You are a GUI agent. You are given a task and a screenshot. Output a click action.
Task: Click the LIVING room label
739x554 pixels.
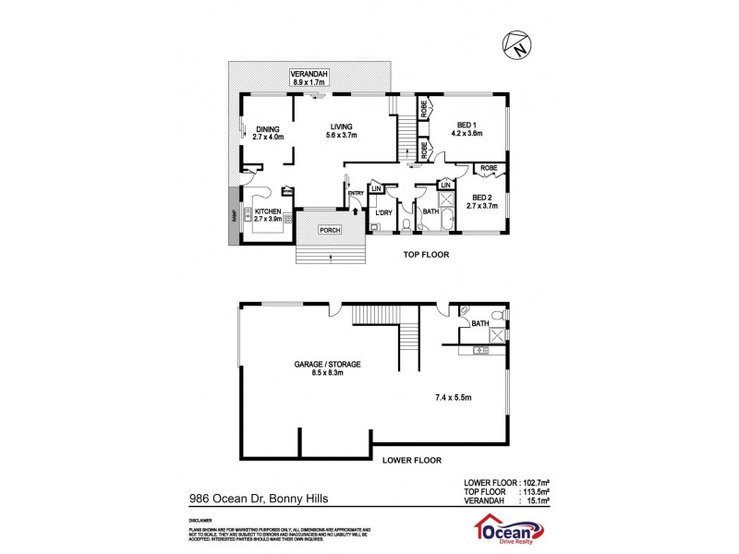click(342, 130)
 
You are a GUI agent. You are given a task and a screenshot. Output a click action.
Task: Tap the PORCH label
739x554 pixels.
click(329, 230)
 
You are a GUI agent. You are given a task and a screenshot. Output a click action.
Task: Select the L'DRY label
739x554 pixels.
click(385, 213)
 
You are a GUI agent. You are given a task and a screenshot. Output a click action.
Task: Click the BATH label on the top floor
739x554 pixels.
click(430, 213)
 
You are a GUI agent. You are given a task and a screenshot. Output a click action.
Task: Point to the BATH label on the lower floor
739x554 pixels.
click(479, 323)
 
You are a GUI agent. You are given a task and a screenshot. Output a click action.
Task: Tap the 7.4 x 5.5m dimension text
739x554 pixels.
click(454, 398)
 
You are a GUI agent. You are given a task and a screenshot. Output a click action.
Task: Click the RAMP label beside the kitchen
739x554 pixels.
click(233, 217)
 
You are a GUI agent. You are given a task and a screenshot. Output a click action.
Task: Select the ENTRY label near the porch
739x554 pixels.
click(356, 193)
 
